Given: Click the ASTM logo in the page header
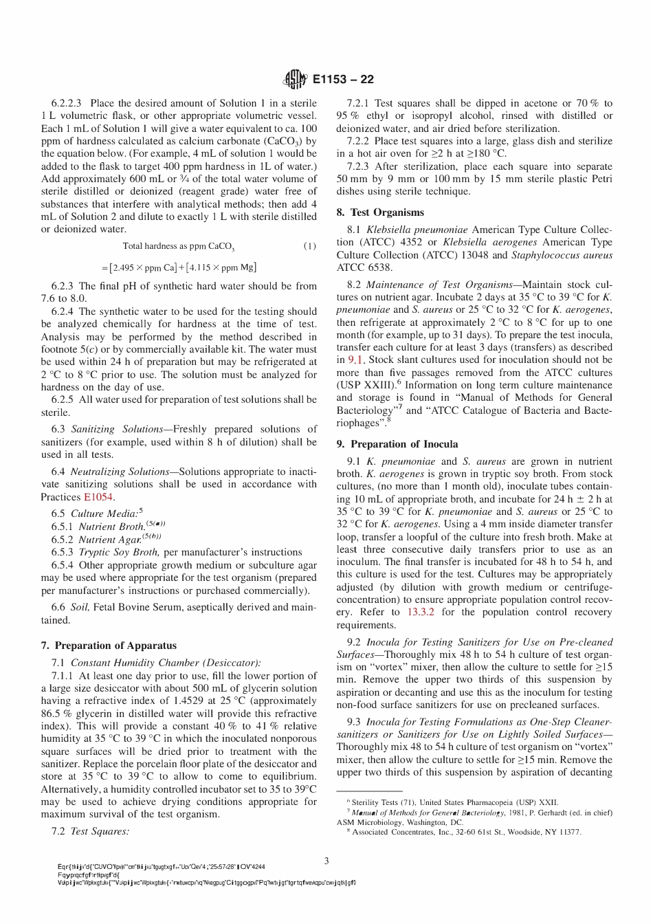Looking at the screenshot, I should coord(295,80).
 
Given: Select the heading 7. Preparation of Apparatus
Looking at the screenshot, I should coord(109,646).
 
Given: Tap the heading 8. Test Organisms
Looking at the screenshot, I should coord(380,212).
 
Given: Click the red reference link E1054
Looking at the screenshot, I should coord(99,497).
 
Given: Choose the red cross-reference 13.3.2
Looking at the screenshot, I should coord(422,612).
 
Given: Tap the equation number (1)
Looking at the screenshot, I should coord(310,246).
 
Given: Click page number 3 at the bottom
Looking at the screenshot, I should coord(326,860).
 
